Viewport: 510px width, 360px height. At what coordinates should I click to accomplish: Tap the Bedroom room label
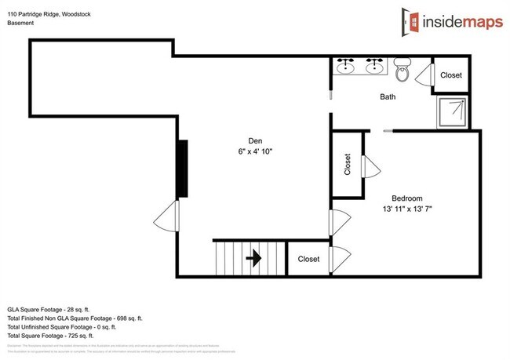click(x=408, y=198)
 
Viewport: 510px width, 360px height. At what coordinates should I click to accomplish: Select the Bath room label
click(x=388, y=97)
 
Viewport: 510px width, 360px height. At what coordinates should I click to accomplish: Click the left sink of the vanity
click(x=346, y=67)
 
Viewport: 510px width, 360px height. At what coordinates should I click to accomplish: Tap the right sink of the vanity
click(x=374, y=67)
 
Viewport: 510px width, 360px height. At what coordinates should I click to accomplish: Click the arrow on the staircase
click(x=253, y=258)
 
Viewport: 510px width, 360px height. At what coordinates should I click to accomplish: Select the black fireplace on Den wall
click(x=183, y=168)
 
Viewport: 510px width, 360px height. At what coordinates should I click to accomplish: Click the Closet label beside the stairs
click(x=308, y=259)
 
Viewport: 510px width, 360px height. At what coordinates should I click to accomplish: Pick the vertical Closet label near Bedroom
click(x=348, y=164)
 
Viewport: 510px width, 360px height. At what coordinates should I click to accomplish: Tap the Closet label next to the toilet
click(x=451, y=75)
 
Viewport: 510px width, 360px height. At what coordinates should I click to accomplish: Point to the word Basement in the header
click(x=22, y=23)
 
